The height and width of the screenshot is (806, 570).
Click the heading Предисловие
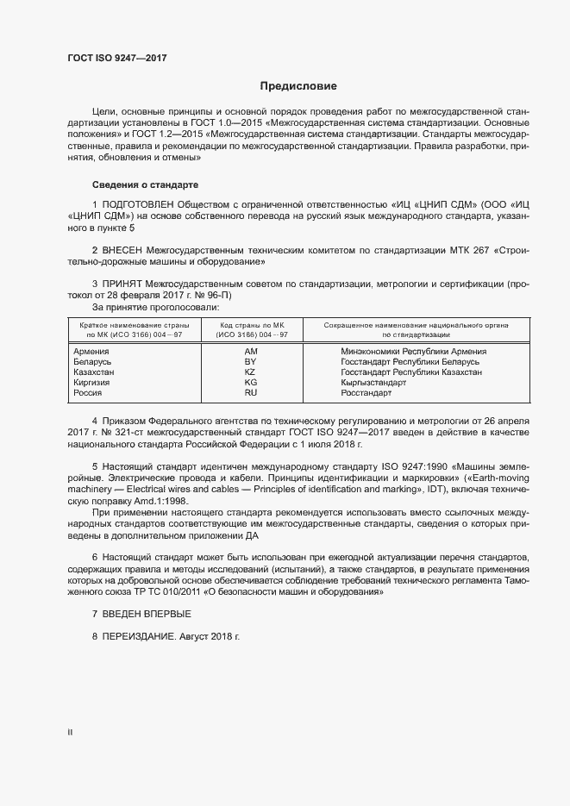pos(298,86)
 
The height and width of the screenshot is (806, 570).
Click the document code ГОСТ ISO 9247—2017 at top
pos(116,59)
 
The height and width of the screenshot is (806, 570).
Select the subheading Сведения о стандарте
pos(145,185)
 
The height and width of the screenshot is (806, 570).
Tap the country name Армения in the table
pos(91,352)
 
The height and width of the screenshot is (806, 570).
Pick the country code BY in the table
pos(251,362)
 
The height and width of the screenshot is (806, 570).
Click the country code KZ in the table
pos(251,372)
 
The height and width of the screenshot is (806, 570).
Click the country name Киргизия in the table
pos(93,383)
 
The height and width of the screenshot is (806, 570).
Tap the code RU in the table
pos(251,393)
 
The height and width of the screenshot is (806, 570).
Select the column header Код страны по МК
pos(251,325)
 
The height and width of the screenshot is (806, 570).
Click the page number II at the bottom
pos(70,733)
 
